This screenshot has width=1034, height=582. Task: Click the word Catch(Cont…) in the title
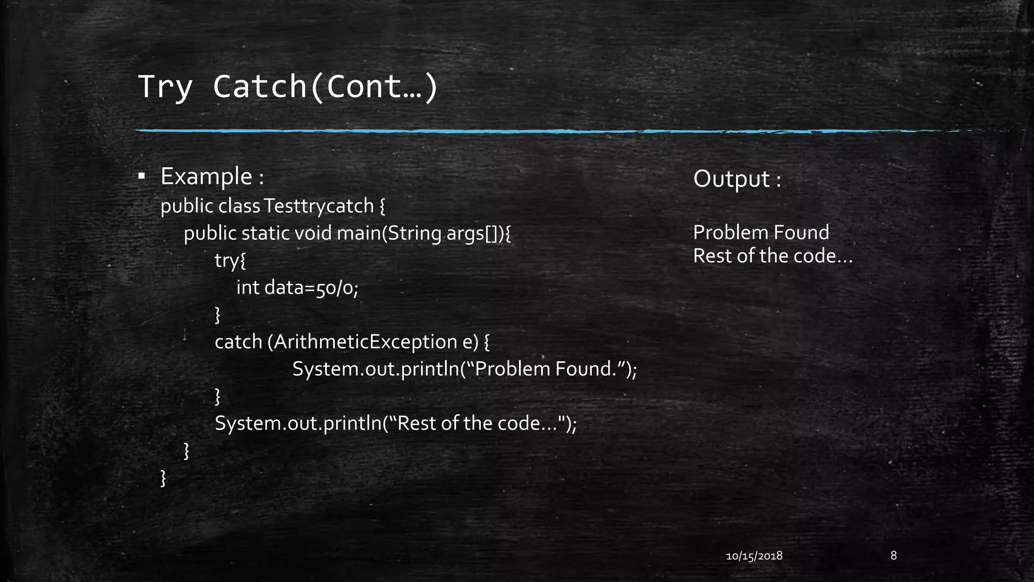[x=325, y=87]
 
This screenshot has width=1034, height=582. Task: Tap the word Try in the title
[x=165, y=87]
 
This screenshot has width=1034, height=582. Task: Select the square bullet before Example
[x=142, y=176]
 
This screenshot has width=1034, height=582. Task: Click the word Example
[x=206, y=176]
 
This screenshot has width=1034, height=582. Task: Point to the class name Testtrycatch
[x=319, y=206]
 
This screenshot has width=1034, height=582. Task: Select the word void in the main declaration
[x=313, y=233]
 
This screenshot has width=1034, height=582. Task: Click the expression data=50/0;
[x=312, y=288]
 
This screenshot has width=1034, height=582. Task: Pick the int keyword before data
[x=248, y=288]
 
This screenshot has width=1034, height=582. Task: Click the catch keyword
[x=238, y=342]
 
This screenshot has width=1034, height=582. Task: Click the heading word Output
[x=732, y=179]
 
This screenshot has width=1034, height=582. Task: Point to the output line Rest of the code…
[x=772, y=256]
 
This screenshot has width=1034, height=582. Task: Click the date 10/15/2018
[x=754, y=556]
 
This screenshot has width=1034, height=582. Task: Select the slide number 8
[x=894, y=556]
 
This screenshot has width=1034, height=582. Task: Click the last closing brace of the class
[x=163, y=478]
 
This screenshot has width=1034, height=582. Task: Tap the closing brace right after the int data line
[x=218, y=315]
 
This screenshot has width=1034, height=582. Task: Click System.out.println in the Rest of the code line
[x=298, y=423]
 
